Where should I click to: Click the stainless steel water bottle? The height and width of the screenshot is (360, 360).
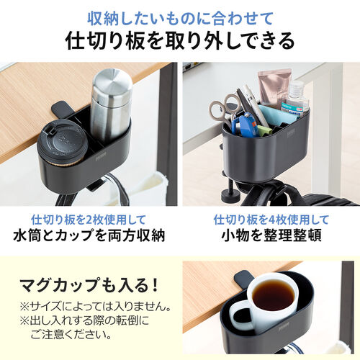coord(110,108)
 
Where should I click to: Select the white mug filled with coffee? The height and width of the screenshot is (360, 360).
coord(266,302)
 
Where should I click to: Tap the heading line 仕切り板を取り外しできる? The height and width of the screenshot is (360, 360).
coord(180,40)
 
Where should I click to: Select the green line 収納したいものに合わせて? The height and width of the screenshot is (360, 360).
coord(180,17)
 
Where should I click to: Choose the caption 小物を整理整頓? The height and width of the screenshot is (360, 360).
coord(271,235)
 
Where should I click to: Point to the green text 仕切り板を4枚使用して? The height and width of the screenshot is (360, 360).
coord(271,218)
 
